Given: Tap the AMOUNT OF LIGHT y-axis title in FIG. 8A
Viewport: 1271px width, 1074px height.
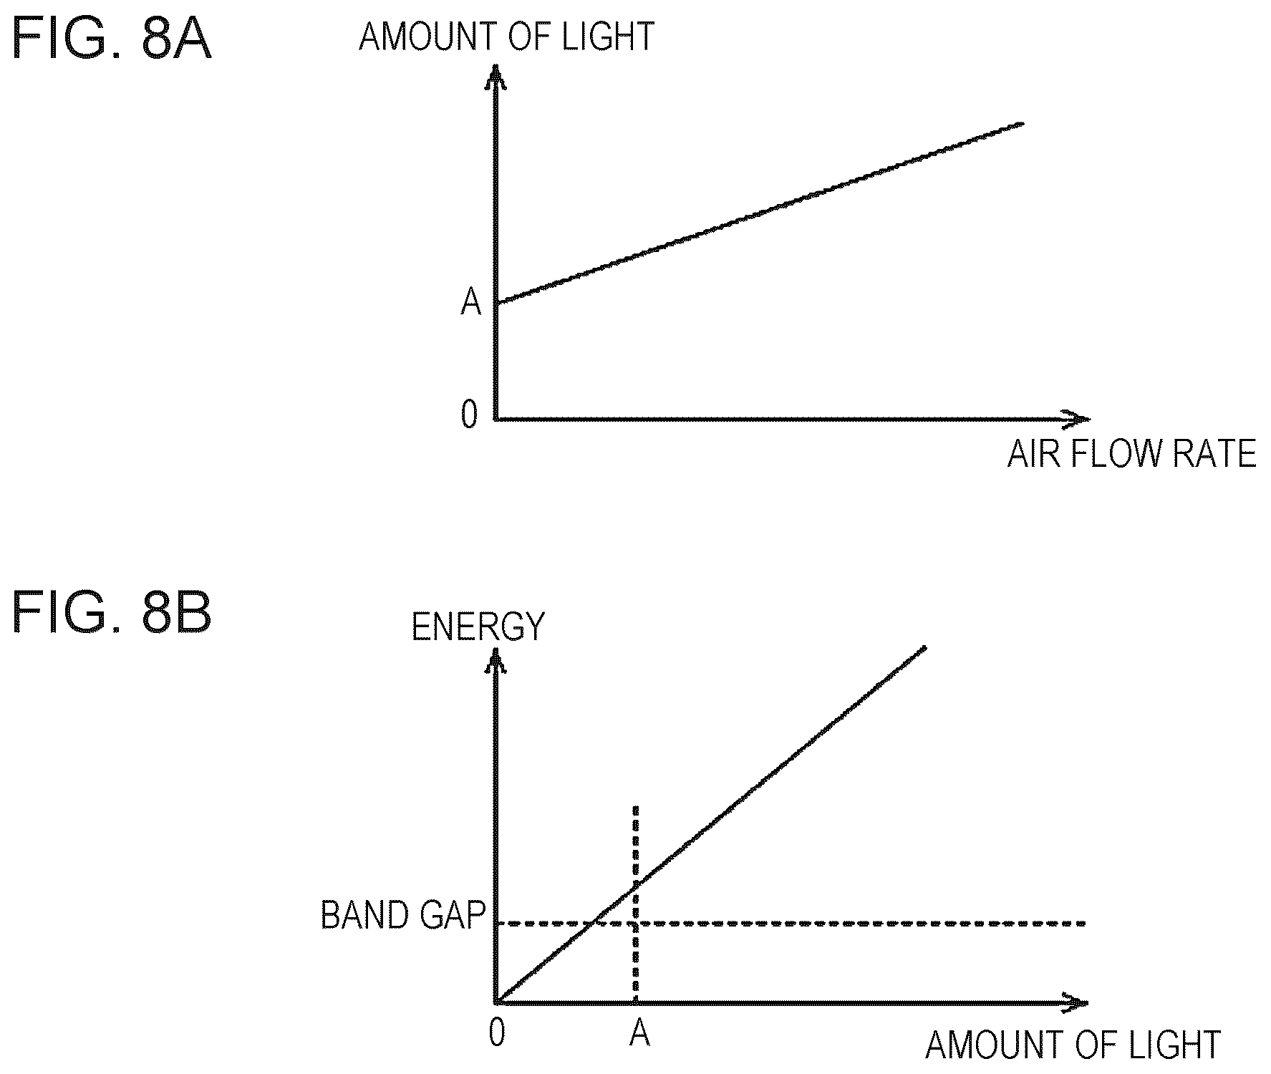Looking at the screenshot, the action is tap(506, 37).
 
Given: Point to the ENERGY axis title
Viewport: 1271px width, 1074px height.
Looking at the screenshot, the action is tap(478, 626).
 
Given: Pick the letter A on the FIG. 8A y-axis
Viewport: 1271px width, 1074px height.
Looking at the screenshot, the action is tap(470, 303).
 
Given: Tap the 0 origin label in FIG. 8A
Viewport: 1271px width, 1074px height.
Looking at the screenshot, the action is tap(469, 414).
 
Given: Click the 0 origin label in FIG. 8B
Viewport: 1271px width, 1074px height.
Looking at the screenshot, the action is tap(497, 1032).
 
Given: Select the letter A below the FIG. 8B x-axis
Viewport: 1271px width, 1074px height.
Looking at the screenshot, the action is tap(639, 1032).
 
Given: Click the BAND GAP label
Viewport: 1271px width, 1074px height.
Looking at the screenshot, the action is tap(403, 915).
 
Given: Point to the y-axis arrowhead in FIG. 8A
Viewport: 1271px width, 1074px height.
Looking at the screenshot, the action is tap(494, 76).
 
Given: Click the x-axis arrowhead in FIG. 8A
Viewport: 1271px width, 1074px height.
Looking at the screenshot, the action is tap(1078, 418).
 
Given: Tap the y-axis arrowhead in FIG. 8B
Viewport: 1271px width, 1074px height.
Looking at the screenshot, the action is tap(494, 659).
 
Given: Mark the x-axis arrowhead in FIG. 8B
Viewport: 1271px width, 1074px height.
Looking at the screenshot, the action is tap(1076, 1002).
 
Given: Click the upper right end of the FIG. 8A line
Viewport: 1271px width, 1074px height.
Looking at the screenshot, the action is tap(1023, 124).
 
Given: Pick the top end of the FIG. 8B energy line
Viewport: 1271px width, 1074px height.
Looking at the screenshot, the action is tap(925, 647).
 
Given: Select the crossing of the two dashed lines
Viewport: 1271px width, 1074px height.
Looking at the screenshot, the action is tap(635, 923).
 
